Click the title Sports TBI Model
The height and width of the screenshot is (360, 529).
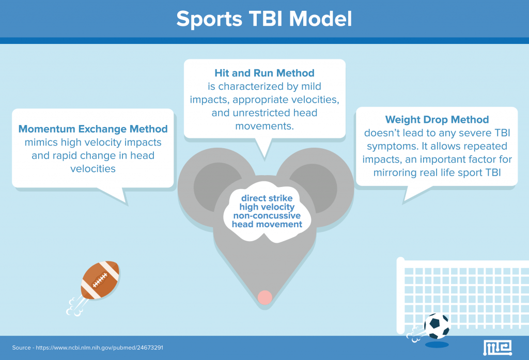click(264, 19)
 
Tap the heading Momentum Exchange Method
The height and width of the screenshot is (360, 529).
click(93, 129)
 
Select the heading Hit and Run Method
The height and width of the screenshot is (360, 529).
click(264, 73)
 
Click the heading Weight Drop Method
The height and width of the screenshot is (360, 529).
click(437, 120)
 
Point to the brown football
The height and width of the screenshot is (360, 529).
click(100, 279)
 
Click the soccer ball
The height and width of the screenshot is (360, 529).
click(437, 326)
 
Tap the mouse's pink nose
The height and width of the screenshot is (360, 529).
click(264, 296)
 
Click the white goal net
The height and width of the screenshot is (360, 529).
click(455, 289)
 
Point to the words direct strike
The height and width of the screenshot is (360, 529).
click(267, 198)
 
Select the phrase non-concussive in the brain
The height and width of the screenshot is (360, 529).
click(267, 216)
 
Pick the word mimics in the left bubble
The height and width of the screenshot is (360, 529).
click(41, 142)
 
